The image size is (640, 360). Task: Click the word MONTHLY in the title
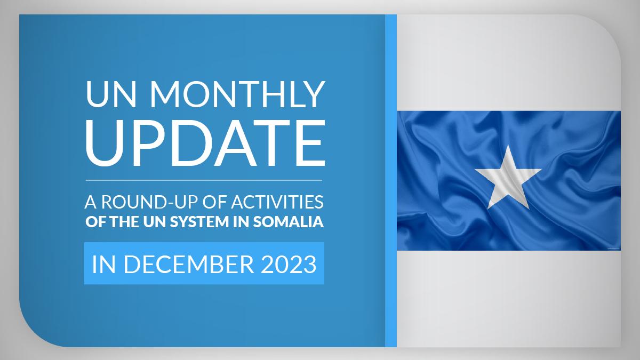238,94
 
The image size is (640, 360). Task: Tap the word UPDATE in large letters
205,142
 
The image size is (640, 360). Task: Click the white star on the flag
508,177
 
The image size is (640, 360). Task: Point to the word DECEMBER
189,265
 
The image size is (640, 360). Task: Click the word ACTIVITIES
277,202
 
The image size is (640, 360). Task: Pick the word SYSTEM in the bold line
199,222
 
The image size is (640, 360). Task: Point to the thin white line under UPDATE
204,180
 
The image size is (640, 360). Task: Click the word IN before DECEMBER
103,265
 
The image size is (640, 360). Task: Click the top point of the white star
508,145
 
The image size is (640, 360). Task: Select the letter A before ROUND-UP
91,202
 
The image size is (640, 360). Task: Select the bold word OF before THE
96,222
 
